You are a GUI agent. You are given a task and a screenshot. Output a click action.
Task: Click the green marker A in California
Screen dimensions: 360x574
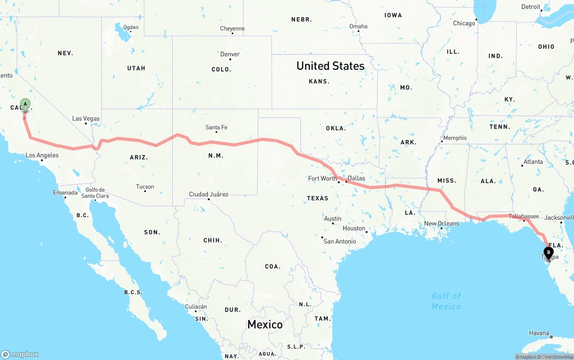pyautogui.click(x=26, y=104)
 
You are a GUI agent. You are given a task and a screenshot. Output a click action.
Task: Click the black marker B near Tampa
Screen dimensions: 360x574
pyautogui.click(x=548, y=252)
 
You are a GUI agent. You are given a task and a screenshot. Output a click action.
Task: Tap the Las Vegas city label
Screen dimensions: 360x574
pyautogui.click(x=86, y=119)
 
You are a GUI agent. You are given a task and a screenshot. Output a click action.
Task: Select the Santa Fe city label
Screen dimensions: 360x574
pyautogui.click(x=216, y=127)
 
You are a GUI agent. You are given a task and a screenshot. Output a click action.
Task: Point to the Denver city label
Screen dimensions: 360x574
pyautogui.click(x=230, y=54)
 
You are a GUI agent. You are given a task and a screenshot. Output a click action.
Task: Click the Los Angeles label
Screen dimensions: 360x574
pyautogui.click(x=42, y=156)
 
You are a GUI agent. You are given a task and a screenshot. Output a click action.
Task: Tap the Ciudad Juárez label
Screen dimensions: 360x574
pyautogui.click(x=209, y=194)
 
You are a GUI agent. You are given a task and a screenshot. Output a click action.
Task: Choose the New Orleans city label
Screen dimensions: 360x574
pyautogui.click(x=442, y=223)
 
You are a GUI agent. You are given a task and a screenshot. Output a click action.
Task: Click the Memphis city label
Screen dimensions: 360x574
pyautogui.click(x=455, y=138)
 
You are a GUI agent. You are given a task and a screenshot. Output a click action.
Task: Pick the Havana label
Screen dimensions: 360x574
pyautogui.click(x=539, y=333)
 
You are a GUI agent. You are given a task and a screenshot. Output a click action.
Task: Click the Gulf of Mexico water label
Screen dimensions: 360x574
pyautogui.click(x=446, y=301)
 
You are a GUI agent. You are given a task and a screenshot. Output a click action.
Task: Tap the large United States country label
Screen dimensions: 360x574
pyautogui.click(x=330, y=66)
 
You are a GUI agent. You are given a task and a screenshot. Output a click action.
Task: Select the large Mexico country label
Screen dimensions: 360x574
pyautogui.click(x=265, y=324)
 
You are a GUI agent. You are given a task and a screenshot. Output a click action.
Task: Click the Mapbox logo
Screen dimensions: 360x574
pyautogui.click(x=20, y=354)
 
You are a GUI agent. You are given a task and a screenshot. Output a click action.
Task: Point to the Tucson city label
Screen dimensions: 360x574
pyautogui.click(x=145, y=187)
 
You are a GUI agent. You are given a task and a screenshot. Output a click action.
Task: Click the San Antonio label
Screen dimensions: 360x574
pyautogui.click(x=339, y=241)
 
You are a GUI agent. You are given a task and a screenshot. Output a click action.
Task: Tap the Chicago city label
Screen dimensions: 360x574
pyautogui.click(x=464, y=23)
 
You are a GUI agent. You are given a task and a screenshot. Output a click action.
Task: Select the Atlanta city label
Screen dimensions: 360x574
pyautogui.click(x=533, y=162)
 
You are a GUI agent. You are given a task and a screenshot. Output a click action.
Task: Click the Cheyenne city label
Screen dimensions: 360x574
pyautogui.click(x=232, y=29)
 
